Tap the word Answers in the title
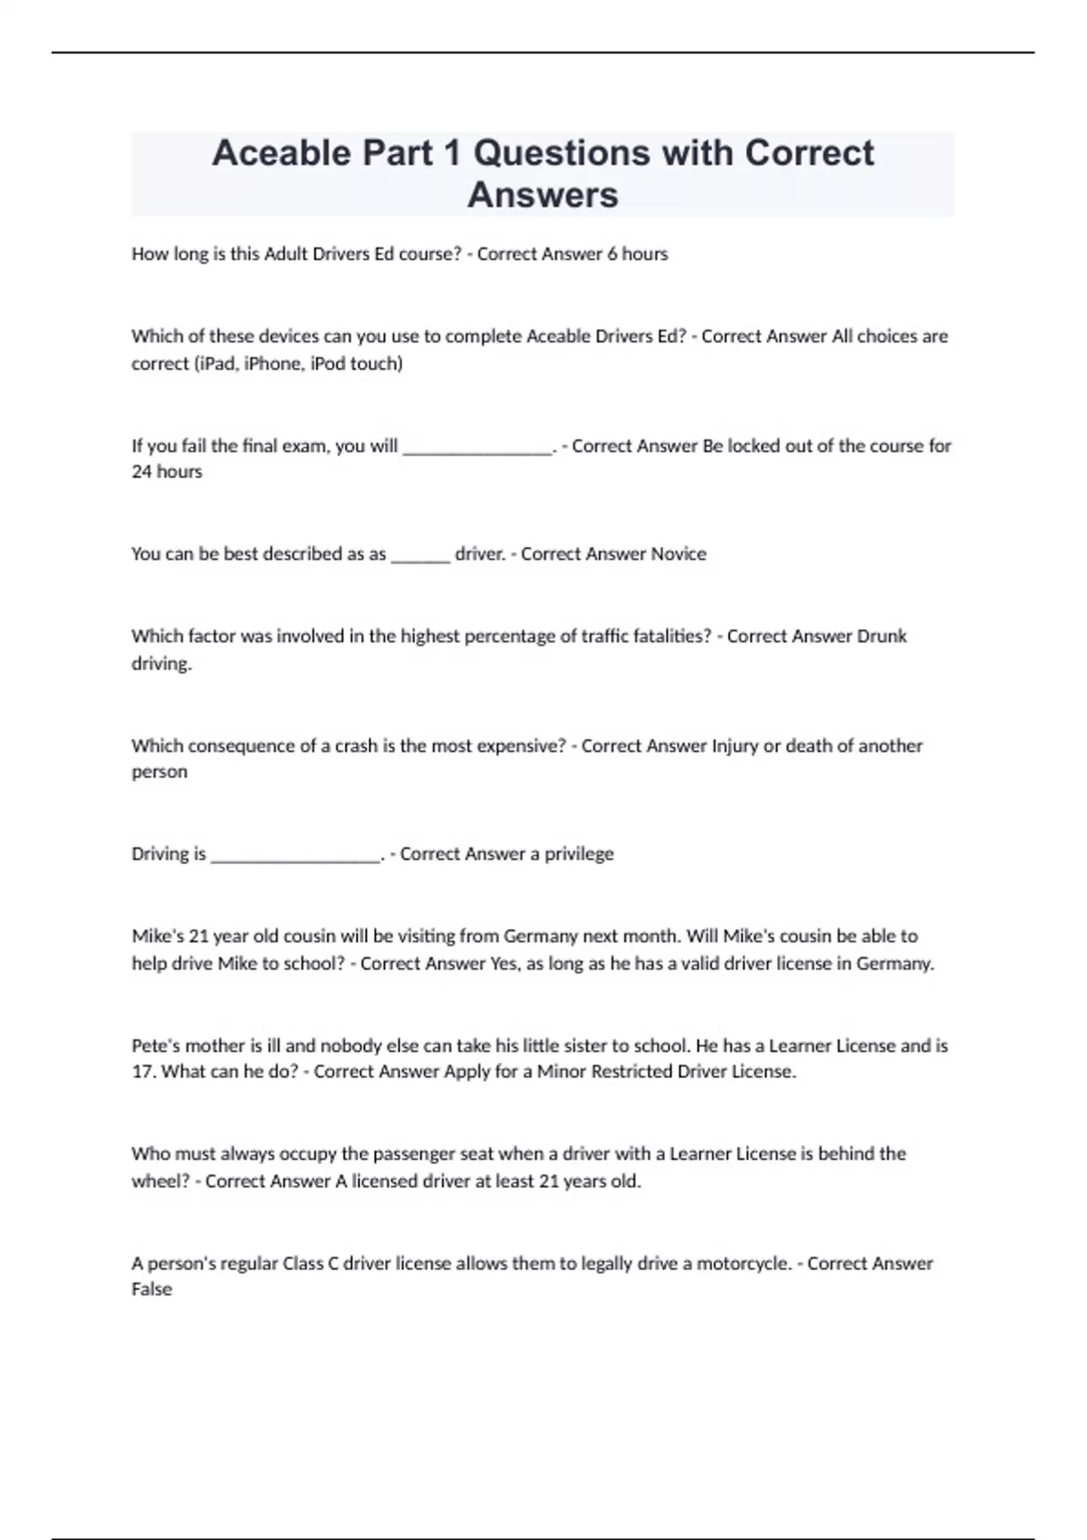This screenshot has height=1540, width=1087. (x=543, y=195)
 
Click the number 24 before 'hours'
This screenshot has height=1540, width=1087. (x=141, y=472)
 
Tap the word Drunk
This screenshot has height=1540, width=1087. (x=881, y=637)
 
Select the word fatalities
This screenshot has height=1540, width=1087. (x=668, y=637)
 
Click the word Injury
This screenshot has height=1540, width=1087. (x=735, y=746)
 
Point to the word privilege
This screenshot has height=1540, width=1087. (x=579, y=854)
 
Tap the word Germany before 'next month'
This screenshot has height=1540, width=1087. (x=541, y=937)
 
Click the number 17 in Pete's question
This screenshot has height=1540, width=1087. (x=143, y=1072)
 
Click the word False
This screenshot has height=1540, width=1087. (x=151, y=1289)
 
